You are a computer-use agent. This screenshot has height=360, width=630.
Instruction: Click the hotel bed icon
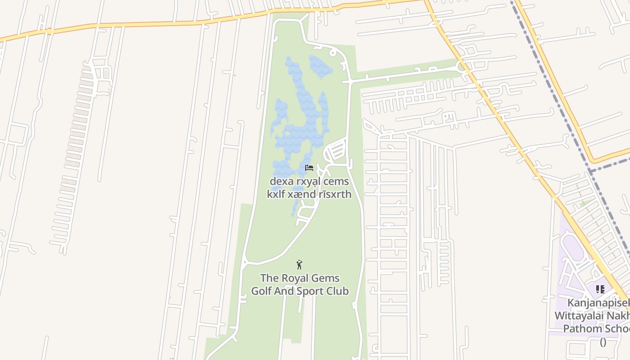[x=309, y=168]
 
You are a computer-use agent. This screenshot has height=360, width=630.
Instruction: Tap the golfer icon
[x=299, y=265]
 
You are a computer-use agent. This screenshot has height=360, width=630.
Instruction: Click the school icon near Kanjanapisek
[x=600, y=289]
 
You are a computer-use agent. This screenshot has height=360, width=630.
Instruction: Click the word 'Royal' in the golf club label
[x=295, y=278]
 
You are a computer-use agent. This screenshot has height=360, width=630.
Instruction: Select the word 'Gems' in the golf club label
[x=326, y=278]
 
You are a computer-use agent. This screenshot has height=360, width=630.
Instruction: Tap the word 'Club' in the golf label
[x=338, y=291]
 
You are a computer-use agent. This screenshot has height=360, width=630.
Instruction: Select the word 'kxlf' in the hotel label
[x=277, y=194]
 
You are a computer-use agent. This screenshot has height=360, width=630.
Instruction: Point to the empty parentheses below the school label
[x=603, y=342]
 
